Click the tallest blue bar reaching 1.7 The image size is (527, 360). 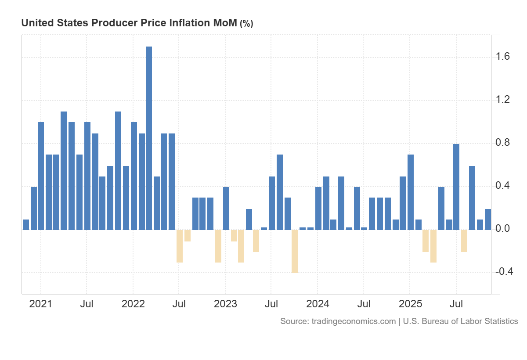click(x=149, y=138)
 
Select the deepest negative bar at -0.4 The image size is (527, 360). click(x=295, y=251)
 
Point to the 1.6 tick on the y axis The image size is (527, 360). click(x=503, y=57)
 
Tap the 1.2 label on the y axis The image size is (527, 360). click(x=503, y=100)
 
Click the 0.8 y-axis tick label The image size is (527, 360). click(x=503, y=143)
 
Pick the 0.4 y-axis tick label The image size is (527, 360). click(x=503, y=186)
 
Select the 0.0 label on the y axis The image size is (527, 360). click(x=503, y=229)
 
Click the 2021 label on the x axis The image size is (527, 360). click(x=40, y=304)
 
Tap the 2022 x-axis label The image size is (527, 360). click(x=133, y=304)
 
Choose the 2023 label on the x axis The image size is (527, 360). click(x=225, y=304)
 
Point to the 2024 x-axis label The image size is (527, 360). click(x=318, y=304)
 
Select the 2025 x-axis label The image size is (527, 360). click(x=410, y=304)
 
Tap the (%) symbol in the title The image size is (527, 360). click(x=246, y=24)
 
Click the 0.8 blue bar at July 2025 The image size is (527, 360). click(x=456, y=187)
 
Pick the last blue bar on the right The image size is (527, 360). click(x=488, y=220)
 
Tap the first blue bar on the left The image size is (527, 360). click(x=26, y=225)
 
